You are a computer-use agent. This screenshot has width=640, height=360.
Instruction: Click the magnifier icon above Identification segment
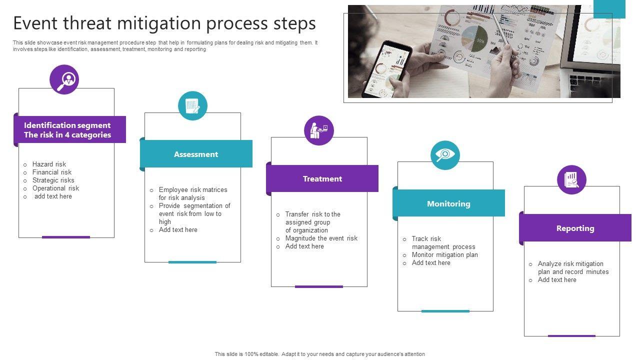[64, 79]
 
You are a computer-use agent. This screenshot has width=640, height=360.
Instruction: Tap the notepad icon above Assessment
[192, 105]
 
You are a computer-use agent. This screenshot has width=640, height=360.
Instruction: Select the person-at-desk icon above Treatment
[318, 130]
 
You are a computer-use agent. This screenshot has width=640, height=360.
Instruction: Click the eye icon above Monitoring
[445, 155]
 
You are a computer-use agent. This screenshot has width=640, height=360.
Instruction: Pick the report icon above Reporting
[571, 179]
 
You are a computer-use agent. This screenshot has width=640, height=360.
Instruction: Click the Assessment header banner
[196, 154]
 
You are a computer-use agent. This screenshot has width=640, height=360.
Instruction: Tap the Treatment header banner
[322, 178]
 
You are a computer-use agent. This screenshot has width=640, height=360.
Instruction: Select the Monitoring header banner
[448, 203]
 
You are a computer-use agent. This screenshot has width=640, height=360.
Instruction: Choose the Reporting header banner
[575, 228]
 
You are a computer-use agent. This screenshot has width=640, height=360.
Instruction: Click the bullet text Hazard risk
[49, 164]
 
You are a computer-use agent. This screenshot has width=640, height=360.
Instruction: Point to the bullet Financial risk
[52, 172]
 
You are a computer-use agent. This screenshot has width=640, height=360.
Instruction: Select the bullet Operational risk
[55, 188]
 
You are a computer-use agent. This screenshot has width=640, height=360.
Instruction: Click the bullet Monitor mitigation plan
[444, 254]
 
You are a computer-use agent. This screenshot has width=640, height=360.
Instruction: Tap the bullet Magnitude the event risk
[321, 238]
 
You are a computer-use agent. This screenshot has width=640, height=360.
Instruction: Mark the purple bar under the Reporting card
[571, 336]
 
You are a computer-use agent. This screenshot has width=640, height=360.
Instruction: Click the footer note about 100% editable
[320, 354]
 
